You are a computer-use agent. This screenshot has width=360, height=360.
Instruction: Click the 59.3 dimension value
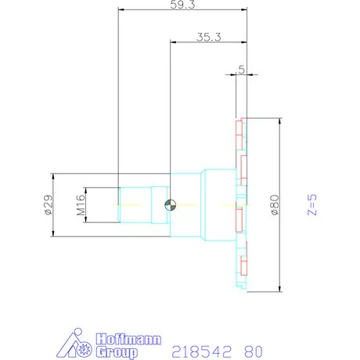pos(182,5)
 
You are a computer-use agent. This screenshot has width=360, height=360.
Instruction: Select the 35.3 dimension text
pos(208,36)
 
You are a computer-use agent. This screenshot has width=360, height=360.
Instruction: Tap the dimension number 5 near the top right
pos(241,69)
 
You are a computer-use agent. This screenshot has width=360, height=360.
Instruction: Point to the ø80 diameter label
pos(274,205)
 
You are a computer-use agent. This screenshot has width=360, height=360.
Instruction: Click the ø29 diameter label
pos(46,205)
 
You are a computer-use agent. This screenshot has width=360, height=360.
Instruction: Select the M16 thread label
pos(80,205)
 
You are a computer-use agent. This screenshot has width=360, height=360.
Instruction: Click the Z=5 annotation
pos(311,205)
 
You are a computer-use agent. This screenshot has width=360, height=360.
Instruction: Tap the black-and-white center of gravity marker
pos(169,205)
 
